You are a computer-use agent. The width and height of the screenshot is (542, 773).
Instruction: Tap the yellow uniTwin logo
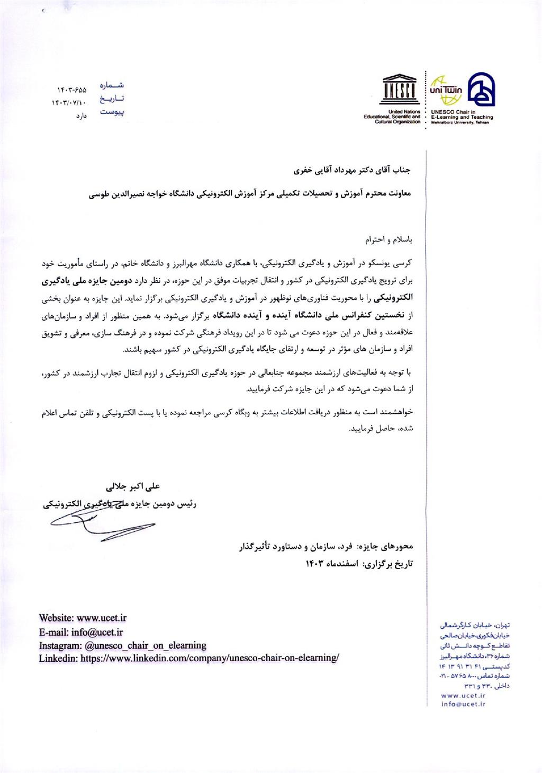[x=446, y=89]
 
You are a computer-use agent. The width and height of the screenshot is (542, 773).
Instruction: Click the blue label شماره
[x=112, y=85]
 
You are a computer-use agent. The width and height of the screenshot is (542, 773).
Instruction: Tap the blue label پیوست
[x=112, y=112]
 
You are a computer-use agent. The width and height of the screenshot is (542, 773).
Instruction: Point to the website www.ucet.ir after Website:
[x=102, y=618]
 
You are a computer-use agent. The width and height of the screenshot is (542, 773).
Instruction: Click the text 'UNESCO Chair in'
[x=453, y=112]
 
